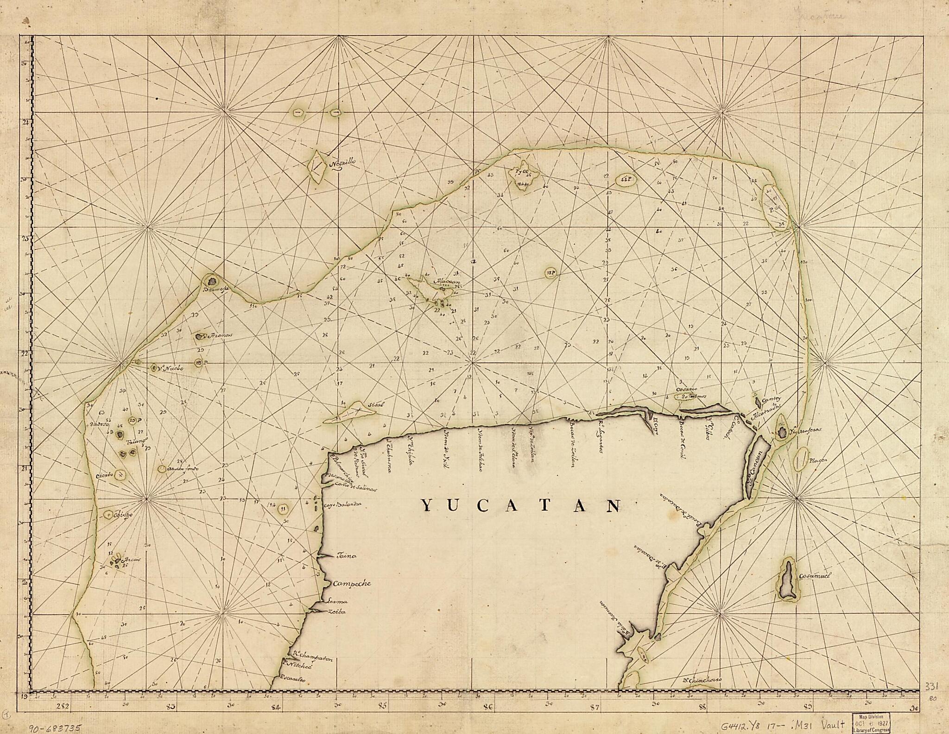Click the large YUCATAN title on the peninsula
521,506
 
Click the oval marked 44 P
626,179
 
